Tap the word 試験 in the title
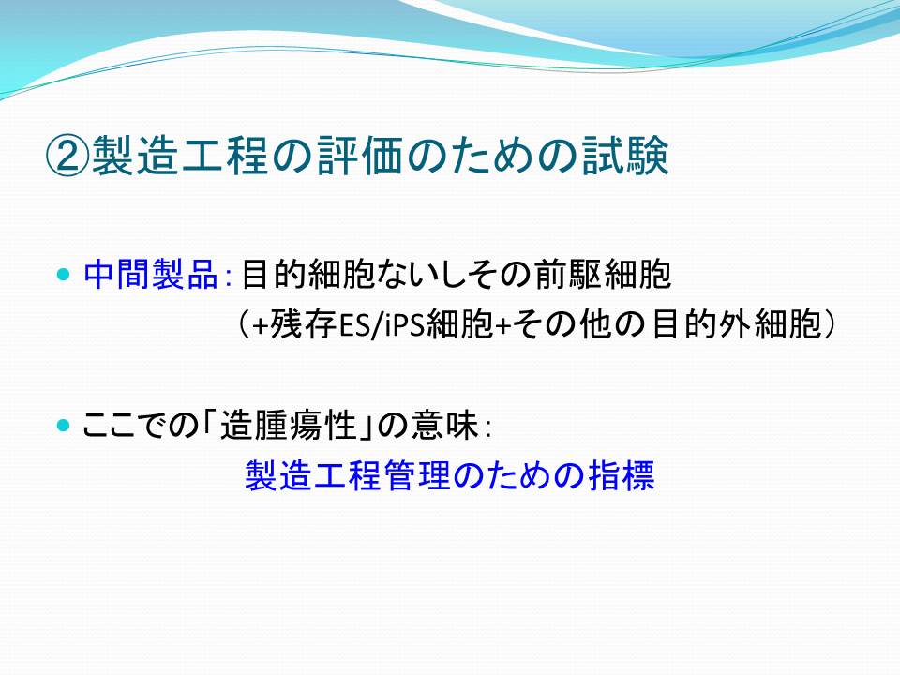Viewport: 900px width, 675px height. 625,157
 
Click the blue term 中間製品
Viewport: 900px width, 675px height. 151,275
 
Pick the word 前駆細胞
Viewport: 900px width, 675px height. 603,275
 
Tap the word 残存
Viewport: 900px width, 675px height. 303,325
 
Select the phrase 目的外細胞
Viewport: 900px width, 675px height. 737,325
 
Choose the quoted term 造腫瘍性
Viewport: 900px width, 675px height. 289,427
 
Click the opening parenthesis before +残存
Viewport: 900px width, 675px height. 244,325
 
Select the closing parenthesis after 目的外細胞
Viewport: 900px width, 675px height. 829,325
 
